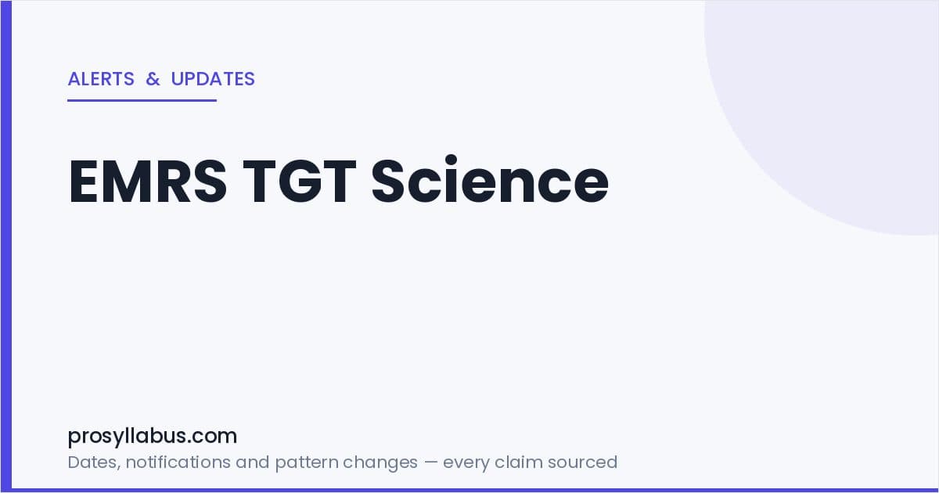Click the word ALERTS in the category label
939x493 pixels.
click(x=101, y=79)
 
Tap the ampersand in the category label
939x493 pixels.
click(x=153, y=79)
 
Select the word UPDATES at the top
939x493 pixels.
click(x=213, y=79)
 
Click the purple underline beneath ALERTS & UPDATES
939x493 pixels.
click(x=142, y=101)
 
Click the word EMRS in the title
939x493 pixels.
click(x=148, y=181)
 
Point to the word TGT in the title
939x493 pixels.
click(x=300, y=181)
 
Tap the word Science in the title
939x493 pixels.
click(x=490, y=179)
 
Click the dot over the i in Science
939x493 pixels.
click(x=451, y=160)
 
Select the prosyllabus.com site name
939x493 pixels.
click(x=152, y=437)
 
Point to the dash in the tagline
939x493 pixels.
click(x=430, y=462)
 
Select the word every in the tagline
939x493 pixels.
click(x=466, y=463)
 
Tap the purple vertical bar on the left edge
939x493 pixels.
click(x=6, y=246)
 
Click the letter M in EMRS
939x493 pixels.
click(x=128, y=181)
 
